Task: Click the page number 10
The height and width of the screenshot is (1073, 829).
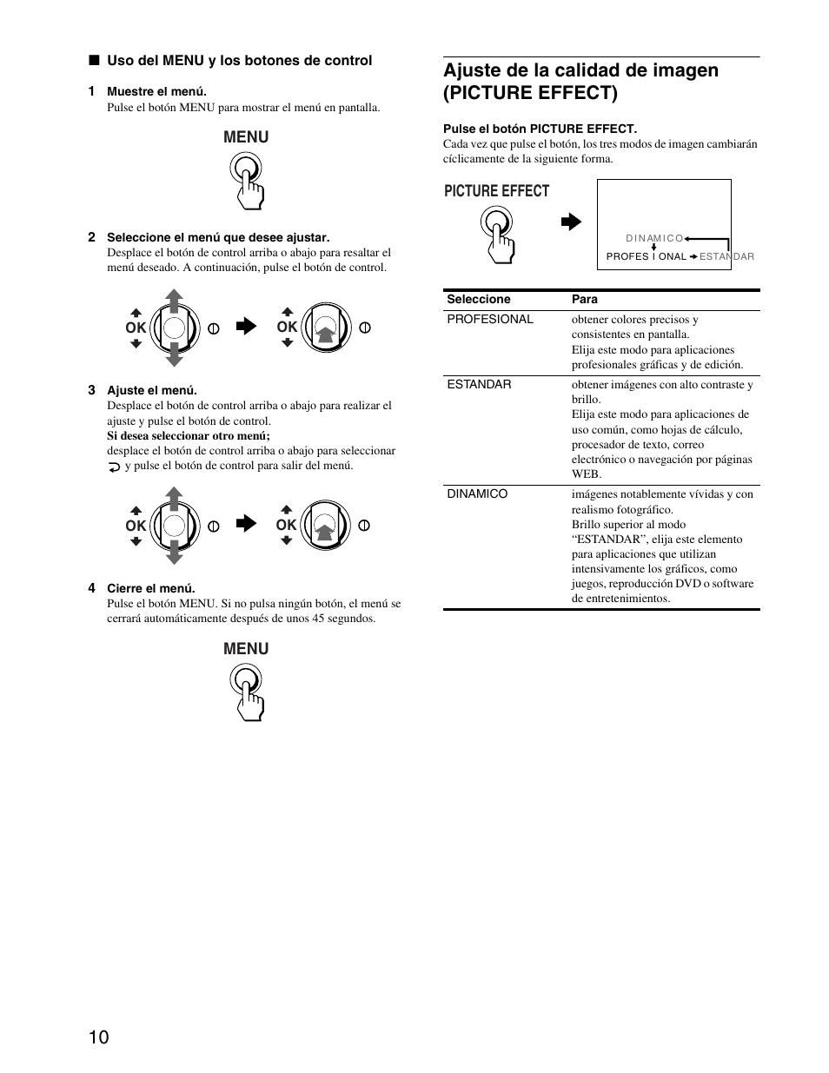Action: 98,1037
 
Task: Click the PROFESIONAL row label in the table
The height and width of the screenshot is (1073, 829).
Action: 489,320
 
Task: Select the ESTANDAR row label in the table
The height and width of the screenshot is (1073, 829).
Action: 479,385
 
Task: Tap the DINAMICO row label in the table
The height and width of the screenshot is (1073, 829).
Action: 477,494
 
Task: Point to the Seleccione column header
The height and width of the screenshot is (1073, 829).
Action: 478,300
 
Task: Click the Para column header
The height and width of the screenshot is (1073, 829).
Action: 584,300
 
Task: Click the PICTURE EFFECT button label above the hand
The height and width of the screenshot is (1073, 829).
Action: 496,191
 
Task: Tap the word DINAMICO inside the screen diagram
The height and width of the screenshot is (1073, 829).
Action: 653,238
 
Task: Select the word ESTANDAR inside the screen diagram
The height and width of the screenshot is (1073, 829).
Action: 726,257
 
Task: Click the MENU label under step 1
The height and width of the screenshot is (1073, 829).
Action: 246,137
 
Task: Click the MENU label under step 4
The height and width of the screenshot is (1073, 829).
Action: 246,649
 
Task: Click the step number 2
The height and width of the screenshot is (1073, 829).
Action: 91,237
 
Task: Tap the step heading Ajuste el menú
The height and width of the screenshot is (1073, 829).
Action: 151,391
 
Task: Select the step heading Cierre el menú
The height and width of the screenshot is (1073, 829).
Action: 150,588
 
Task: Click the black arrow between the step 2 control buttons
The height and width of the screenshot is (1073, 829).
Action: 247,327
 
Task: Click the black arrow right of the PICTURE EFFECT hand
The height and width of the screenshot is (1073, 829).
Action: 570,222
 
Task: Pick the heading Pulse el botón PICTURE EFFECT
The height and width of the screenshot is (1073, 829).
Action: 540,129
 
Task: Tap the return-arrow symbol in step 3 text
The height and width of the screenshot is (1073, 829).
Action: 115,467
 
